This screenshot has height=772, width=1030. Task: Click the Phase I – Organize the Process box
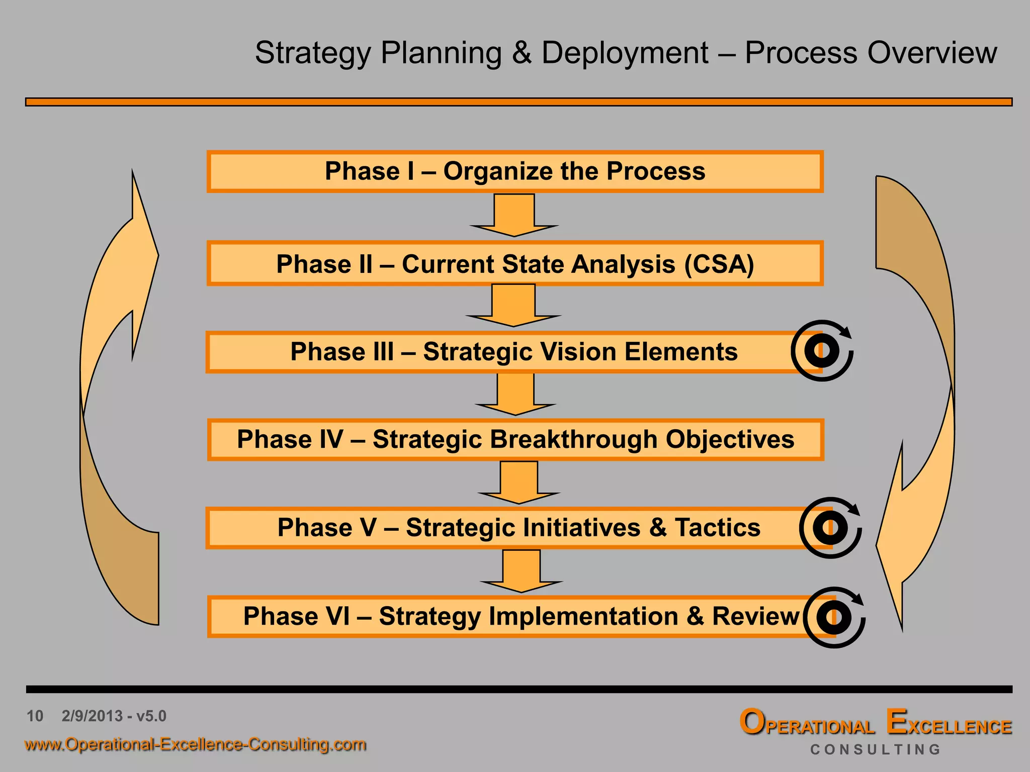click(x=514, y=171)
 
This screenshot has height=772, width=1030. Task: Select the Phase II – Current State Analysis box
click(x=514, y=264)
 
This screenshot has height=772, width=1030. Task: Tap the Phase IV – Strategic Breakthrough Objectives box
click(x=516, y=440)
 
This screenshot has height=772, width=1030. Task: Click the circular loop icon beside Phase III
click(x=822, y=350)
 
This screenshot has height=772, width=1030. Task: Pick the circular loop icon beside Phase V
click(x=830, y=528)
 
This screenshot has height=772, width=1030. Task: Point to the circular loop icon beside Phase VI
click(x=833, y=617)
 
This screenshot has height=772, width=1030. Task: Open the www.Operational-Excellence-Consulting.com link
click(x=195, y=744)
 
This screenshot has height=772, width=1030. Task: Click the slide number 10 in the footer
click(x=35, y=716)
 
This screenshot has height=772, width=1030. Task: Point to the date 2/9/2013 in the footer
click(x=92, y=716)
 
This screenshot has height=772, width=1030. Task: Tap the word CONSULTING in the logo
click(x=875, y=749)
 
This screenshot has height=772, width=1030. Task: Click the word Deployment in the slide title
click(x=625, y=53)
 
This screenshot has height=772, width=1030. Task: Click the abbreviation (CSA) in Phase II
click(x=719, y=264)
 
